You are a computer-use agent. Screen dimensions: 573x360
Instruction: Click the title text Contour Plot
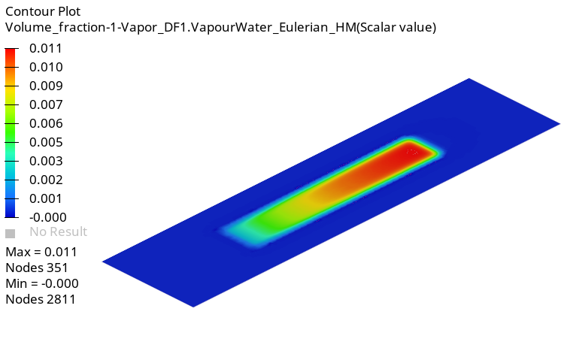43,11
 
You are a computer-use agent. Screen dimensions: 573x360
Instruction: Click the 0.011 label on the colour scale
46,48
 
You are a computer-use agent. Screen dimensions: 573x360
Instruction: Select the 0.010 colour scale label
46,67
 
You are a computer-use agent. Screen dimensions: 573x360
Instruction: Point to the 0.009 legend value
46,86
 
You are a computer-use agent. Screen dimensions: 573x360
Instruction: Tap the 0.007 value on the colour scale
46,104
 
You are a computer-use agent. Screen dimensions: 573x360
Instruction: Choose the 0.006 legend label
46,123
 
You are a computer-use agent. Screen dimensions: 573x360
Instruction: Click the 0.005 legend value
46,142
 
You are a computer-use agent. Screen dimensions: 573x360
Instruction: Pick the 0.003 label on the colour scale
46,161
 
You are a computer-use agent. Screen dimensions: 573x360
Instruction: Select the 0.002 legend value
46,180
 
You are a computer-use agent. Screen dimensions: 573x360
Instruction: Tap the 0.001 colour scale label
46,198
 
